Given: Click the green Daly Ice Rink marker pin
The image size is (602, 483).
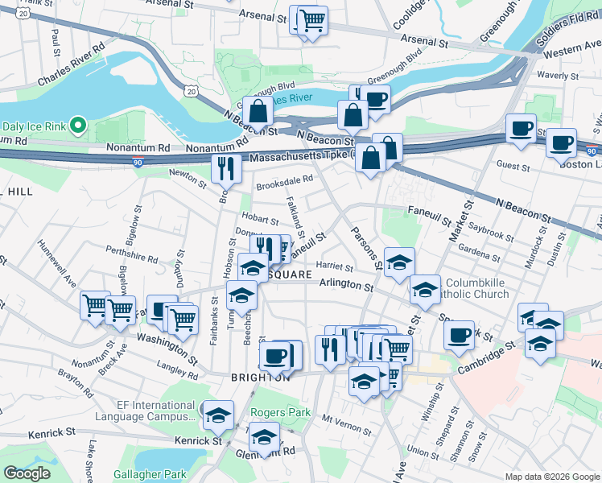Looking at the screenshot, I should coord(77,125).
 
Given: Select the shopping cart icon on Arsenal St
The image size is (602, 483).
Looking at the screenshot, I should coord(312,20).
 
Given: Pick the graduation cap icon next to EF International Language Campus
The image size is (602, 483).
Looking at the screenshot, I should coord(218,415).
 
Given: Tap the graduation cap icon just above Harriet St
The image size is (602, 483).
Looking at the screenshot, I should coord(398,262).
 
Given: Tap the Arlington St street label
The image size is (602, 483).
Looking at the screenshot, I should coord(346,286).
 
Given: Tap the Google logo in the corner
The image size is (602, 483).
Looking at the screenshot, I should coord(27,473).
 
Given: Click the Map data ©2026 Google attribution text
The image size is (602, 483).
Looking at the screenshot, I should coord(551,477).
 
